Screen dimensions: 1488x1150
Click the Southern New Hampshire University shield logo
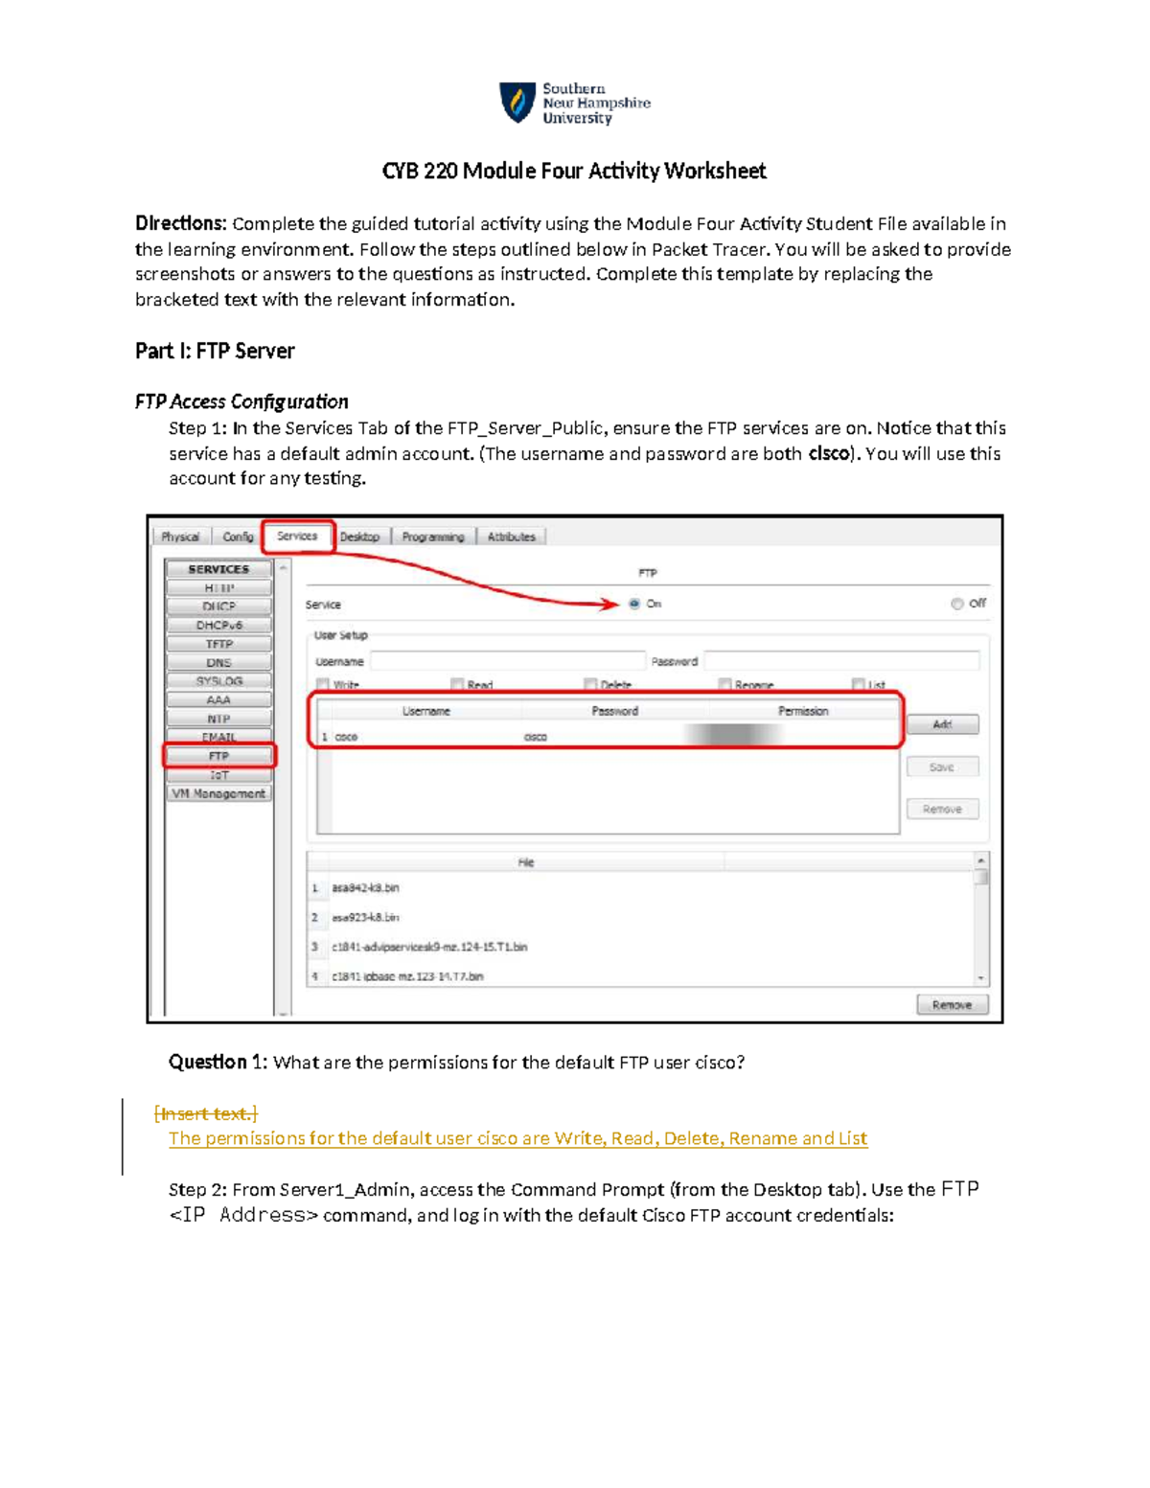click(x=517, y=103)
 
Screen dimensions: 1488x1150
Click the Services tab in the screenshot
click(x=297, y=537)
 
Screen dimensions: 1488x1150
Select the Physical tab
click(x=180, y=538)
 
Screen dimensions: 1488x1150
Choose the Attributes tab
click(x=511, y=538)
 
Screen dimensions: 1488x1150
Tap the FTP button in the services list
click(x=218, y=756)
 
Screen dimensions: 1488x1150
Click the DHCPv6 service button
click(x=218, y=625)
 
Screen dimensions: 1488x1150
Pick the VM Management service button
click(x=218, y=793)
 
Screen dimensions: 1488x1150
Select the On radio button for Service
click(x=634, y=604)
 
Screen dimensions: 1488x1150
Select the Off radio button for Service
click(x=956, y=604)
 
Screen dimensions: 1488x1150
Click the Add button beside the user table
click(x=942, y=724)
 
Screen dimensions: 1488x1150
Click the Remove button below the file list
click(x=952, y=1005)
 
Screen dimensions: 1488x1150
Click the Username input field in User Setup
click(x=508, y=661)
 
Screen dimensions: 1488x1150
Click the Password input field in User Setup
click(x=841, y=661)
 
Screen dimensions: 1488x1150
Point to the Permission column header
click(x=803, y=711)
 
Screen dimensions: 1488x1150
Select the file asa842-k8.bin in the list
click(x=365, y=888)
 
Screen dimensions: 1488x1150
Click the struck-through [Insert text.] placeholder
click(x=206, y=1113)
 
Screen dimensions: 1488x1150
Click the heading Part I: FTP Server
click(x=215, y=351)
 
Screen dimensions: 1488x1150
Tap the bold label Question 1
click(x=218, y=1062)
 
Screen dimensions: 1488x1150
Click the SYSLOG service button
click(x=218, y=681)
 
